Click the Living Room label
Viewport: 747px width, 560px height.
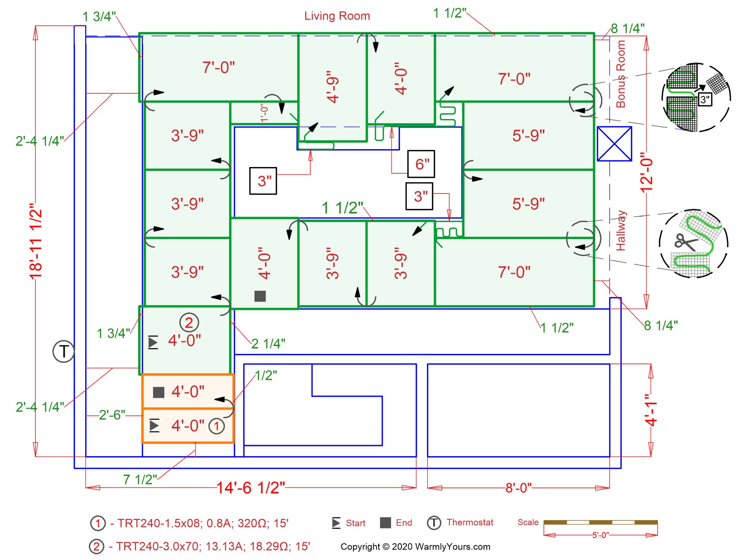(x=337, y=16)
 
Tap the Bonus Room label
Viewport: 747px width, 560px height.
(x=620, y=74)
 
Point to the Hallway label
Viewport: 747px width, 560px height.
(x=620, y=231)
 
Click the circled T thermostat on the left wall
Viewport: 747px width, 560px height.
(x=63, y=351)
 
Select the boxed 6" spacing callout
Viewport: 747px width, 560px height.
(x=421, y=164)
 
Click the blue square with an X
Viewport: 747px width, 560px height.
(x=614, y=144)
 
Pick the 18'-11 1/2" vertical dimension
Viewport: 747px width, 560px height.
(x=36, y=241)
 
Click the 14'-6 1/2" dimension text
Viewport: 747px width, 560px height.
(x=251, y=488)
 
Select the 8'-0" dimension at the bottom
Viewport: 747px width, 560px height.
(x=518, y=488)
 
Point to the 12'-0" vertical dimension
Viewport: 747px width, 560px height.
(x=647, y=172)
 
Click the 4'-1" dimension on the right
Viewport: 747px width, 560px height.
(x=651, y=410)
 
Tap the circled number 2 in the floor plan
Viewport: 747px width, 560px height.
(x=189, y=322)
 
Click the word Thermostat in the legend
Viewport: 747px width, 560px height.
(x=470, y=522)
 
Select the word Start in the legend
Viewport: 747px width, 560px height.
(x=356, y=523)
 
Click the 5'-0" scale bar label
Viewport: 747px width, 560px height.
(x=601, y=535)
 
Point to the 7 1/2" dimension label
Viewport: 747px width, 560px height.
(x=140, y=480)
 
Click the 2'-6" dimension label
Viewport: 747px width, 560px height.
(x=112, y=415)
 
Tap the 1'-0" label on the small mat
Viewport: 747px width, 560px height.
(x=264, y=113)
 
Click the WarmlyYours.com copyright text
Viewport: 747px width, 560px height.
(x=415, y=547)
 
